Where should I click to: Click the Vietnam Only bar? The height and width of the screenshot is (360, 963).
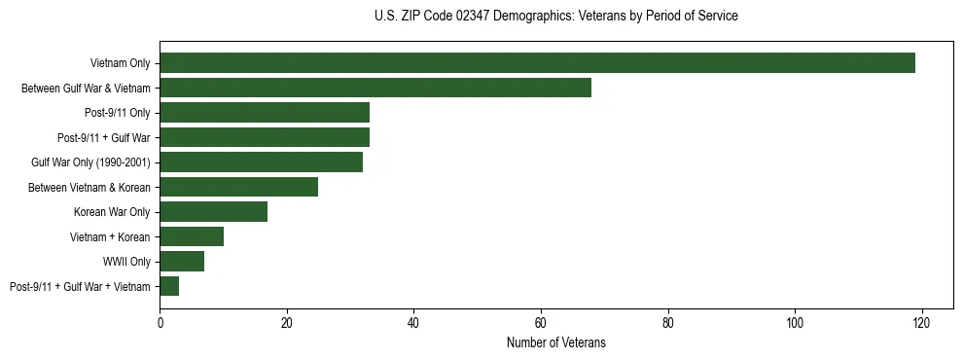[x=537, y=63]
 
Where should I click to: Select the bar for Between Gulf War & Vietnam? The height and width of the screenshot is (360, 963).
[x=375, y=88]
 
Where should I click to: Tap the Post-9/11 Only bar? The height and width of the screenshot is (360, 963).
[x=265, y=113]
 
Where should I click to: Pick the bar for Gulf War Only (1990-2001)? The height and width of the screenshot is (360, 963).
[x=261, y=162]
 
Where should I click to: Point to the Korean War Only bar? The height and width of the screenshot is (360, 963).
[x=213, y=211]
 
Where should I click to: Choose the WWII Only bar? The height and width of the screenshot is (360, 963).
[x=182, y=261]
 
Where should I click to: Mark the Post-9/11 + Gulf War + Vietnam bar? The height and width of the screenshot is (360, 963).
[x=169, y=286]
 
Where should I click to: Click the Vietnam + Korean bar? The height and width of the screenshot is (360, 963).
[x=192, y=236]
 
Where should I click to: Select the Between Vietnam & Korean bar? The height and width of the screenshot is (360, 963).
[x=238, y=187]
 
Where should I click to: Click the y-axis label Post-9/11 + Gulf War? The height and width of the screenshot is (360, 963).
[x=103, y=137]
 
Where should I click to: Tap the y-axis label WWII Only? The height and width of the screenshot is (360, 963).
[x=126, y=261]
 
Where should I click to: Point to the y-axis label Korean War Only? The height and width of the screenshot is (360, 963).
[x=112, y=211]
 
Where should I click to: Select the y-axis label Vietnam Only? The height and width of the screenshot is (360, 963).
[x=120, y=63]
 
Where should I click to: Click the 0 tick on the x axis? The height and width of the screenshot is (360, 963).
[x=160, y=323]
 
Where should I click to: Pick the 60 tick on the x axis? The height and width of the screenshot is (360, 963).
[x=541, y=323]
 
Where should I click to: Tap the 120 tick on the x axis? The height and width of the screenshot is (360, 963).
[x=921, y=323]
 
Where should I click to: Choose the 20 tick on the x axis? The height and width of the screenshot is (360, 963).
[x=287, y=323]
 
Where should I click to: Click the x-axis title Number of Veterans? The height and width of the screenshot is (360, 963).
[x=555, y=342]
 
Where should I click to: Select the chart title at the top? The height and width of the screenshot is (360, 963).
[x=555, y=17]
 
